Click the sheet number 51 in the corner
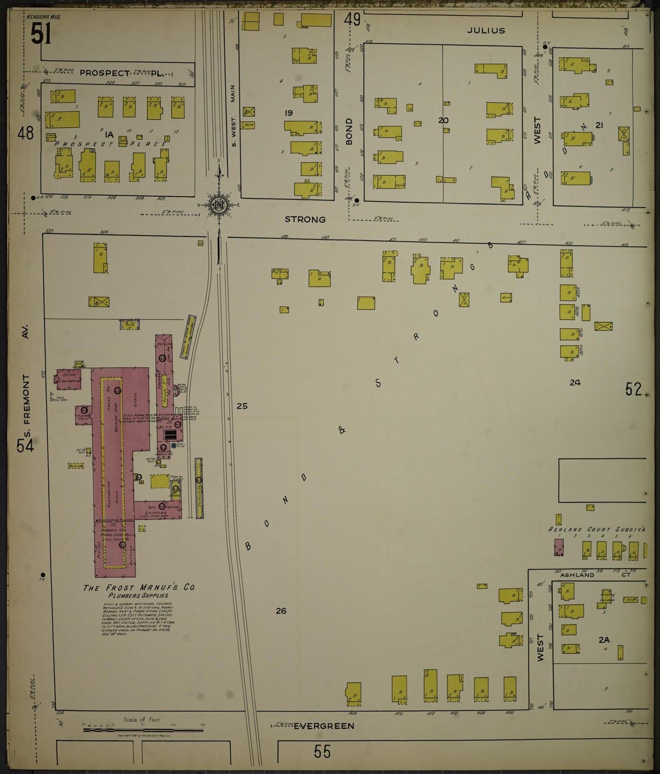pos(41,34)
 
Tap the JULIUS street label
pos(486,31)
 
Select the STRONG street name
pos(305,220)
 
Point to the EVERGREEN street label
pos(324,726)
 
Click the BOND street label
pos(349,131)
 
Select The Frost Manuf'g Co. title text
pos(139,588)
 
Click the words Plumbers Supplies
pos(138,596)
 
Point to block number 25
pos(242,405)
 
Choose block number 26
pos(281,611)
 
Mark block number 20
pos(443,120)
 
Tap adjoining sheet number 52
pos(634,389)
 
